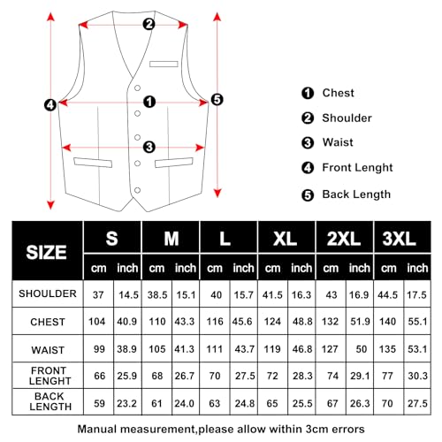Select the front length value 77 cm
pyautogui.click(x=388, y=375)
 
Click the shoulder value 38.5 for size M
pyautogui.click(x=156, y=293)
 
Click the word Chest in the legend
pyautogui.click(x=338, y=93)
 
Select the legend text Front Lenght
pyautogui.click(x=357, y=167)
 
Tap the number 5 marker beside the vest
pyautogui.click(x=217, y=100)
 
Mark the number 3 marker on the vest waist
pyautogui.click(x=149, y=147)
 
